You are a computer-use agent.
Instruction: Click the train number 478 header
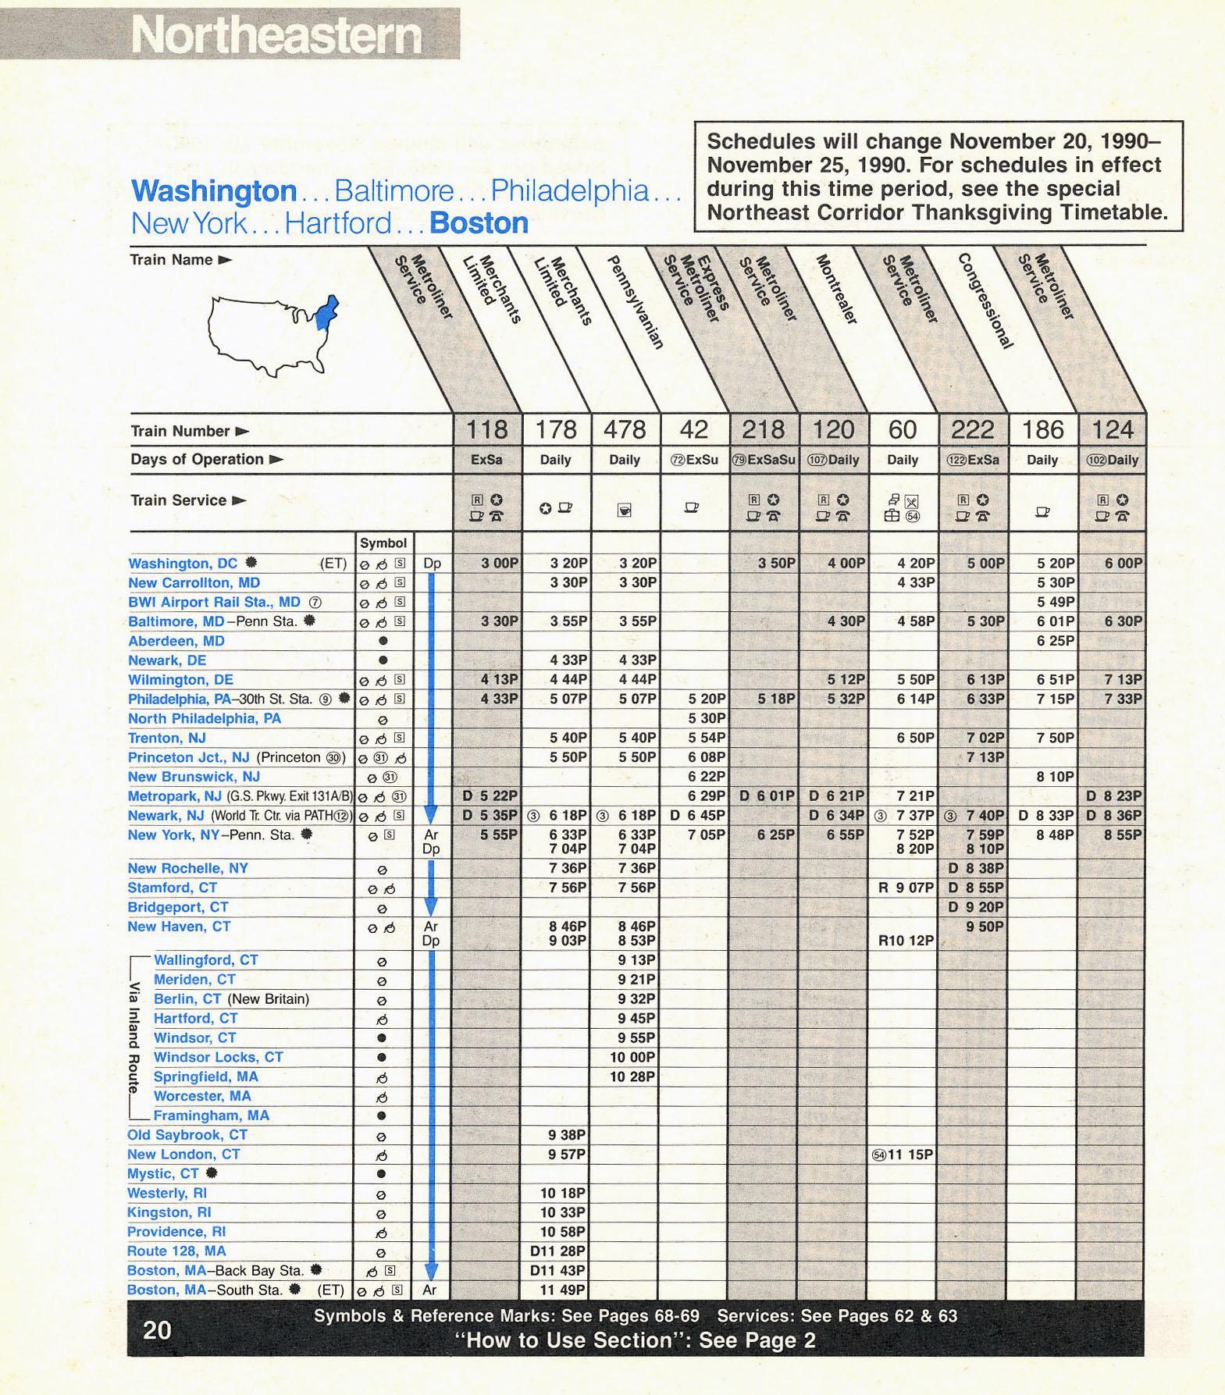pos(625,429)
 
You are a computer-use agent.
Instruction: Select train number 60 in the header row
pos(903,429)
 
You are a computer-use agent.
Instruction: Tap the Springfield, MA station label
pos(205,1076)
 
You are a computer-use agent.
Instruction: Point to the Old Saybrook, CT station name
pos(187,1135)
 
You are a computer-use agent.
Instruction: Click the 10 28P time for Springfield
pos(632,1077)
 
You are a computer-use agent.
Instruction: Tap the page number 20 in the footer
pos(157,1329)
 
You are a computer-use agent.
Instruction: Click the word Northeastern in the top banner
pos(276,35)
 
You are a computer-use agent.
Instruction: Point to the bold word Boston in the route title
pos(479,223)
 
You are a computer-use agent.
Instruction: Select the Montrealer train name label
pos(837,289)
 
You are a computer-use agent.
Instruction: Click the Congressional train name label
pos(985,301)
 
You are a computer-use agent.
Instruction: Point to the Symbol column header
pos(383,543)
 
